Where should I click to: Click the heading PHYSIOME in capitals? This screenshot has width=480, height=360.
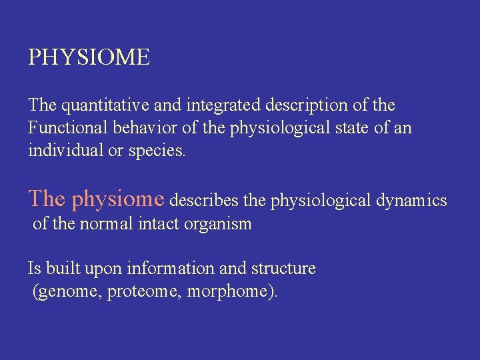point(89,57)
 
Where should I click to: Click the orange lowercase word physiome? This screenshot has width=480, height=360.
point(117,199)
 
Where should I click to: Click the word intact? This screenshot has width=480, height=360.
point(159,224)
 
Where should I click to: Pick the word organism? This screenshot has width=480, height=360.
point(219,225)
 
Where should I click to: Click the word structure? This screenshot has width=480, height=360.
point(283,268)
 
